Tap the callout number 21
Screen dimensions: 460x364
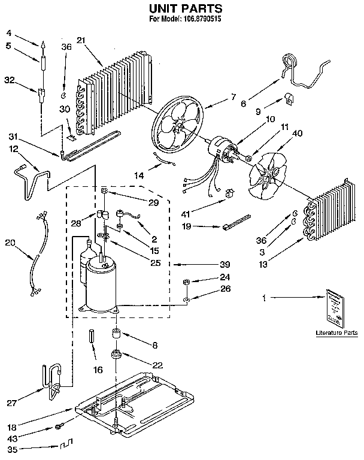tap(81, 41)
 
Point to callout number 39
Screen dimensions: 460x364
tap(208, 264)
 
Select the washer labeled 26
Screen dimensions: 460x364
tap(186, 297)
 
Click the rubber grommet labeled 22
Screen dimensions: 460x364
tap(116, 356)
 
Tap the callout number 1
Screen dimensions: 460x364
tap(264, 298)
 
